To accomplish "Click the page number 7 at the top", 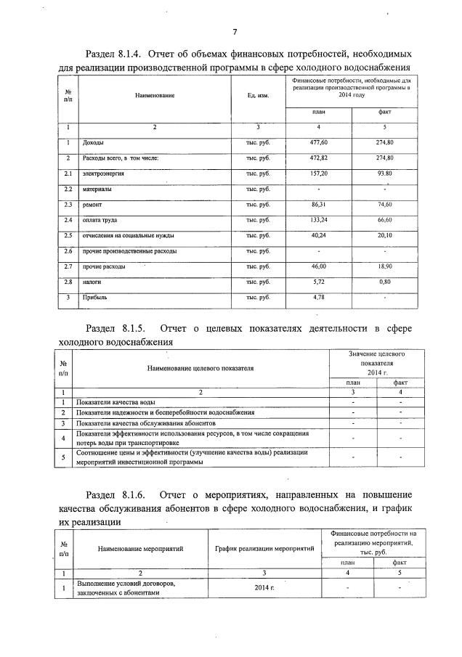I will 235,32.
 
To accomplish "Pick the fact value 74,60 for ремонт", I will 385,205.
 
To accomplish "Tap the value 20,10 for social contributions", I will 385,236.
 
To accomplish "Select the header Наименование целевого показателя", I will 200,369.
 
